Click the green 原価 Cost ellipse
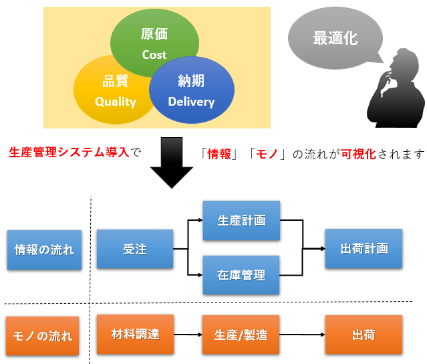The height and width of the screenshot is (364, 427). pyautogui.click(x=154, y=35)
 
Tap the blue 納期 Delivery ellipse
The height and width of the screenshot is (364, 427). pyautogui.click(x=192, y=90)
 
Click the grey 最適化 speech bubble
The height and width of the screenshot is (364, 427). pyautogui.click(x=335, y=38)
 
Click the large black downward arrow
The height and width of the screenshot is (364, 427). pyautogui.click(x=172, y=163)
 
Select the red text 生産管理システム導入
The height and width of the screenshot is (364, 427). pyautogui.click(x=69, y=152)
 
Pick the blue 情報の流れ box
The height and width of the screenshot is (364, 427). pyautogui.click(x=44, y=250)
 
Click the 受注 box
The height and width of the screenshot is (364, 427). pyautogui.click(x=135, y=249)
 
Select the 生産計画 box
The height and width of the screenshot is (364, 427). pyautogui.click(x=241, y=220)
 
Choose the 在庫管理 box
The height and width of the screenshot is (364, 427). pyautogui.click(x=241, y=275)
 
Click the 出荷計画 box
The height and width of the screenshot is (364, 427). pyautogui.click(x=364, y=248)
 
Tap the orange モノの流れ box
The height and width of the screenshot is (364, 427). pyautogui.click(x=43, y=336)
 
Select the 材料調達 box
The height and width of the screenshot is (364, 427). pyautogui.click(x=136, y=335)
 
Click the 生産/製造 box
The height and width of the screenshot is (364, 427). pyautogui.click(x=241, y=335)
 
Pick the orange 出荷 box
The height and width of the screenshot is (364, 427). pyautogui.click(x=364, y=335)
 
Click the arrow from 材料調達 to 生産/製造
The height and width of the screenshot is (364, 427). pyautogui.click(x=188, y=335)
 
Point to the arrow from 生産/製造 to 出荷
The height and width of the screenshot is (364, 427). pyautogui.click(x=302, y=335)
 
